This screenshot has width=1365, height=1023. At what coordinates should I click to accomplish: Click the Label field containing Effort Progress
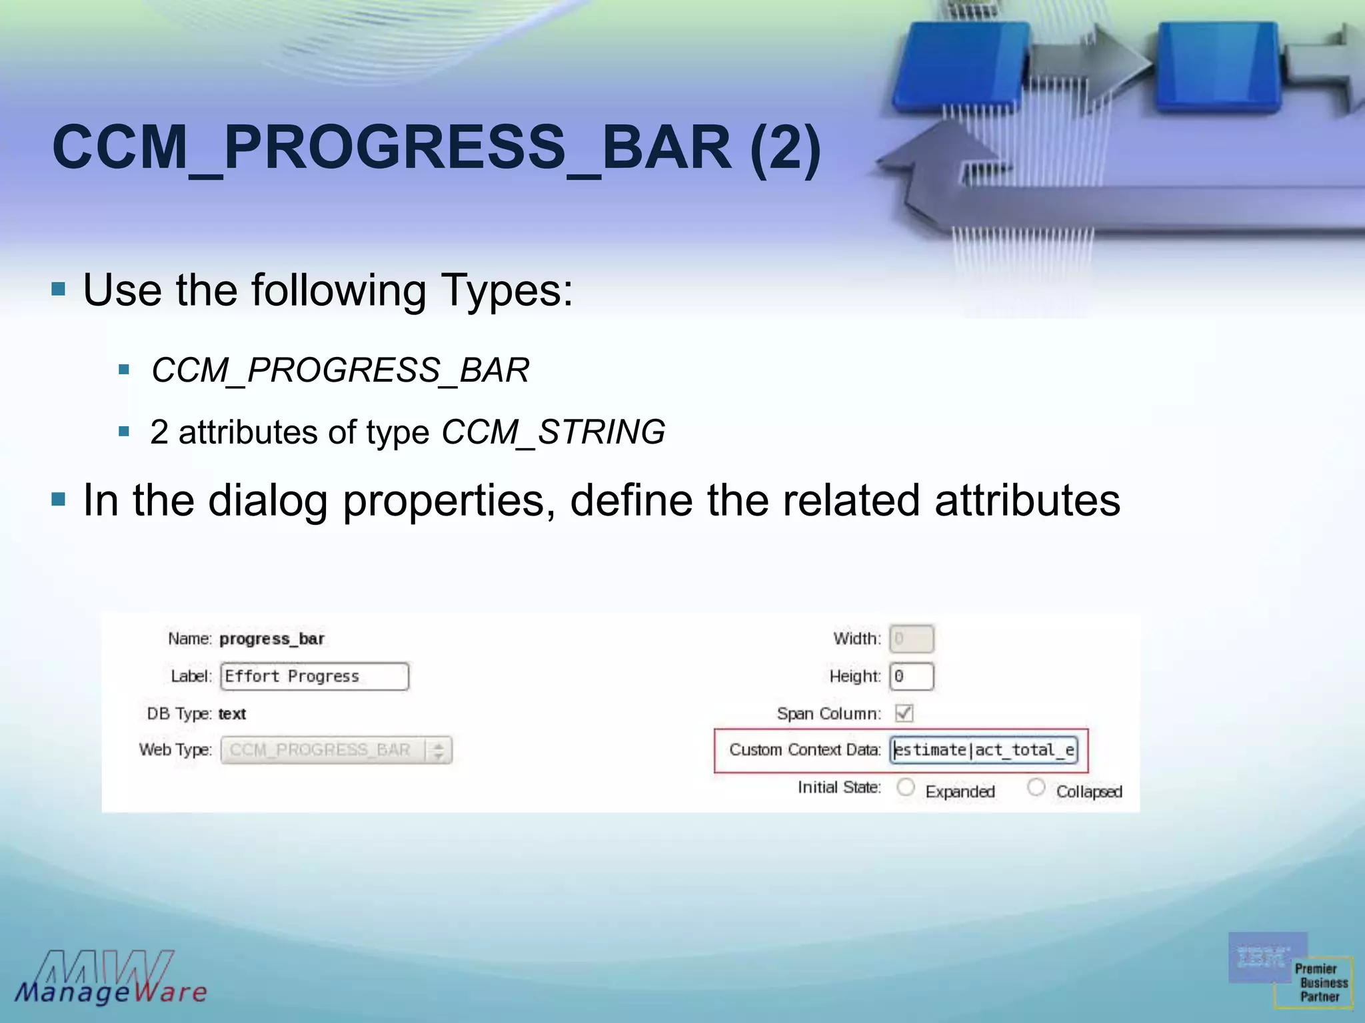pos(314,676)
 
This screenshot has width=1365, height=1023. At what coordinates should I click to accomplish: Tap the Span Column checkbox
pos(904,713)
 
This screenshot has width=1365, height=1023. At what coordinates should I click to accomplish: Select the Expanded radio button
pos(906,787)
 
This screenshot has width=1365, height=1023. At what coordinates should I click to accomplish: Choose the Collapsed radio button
pos(1036,787)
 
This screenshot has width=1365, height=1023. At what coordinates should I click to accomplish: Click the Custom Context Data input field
pos(984,750)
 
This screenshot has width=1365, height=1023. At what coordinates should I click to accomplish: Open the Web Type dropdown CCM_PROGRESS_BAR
pos(337,750)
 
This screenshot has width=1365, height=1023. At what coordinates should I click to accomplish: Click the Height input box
pos(911,676)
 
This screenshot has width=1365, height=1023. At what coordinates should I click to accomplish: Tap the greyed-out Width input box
pos(911,639)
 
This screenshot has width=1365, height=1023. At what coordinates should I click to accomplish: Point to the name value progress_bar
pos(272,639)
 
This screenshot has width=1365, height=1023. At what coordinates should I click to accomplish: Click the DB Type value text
pos(232,714)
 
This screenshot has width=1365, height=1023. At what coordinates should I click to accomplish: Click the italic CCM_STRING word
pos(553,432)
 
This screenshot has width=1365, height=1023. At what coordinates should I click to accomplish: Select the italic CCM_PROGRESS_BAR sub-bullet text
pos(340,370)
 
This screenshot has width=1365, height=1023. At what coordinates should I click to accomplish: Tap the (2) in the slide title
pos(785,148)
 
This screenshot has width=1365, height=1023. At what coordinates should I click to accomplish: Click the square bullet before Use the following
pos(59,289)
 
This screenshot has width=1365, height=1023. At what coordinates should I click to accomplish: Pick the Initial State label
pos(838,787)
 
